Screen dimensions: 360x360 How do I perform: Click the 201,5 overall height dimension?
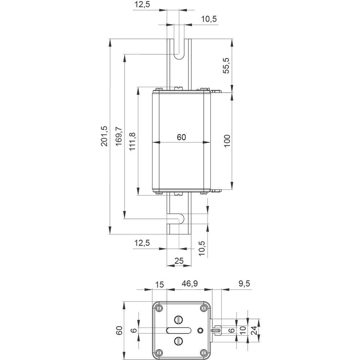(x=104, y=136)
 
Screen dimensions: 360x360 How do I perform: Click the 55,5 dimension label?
(x=226, y=65)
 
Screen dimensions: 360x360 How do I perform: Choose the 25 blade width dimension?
(x=179, y=260)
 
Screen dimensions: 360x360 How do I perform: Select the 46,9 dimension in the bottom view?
(x=189, y=284)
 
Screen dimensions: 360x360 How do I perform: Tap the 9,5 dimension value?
(x=244, y=284)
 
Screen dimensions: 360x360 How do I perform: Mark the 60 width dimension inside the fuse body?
(x=181, y=137)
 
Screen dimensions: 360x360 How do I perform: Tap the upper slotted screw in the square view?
(x=179, y=319)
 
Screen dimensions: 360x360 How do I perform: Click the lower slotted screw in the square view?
(x=179, y=341)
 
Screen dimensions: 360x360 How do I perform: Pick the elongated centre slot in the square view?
(x=179, y=330)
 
